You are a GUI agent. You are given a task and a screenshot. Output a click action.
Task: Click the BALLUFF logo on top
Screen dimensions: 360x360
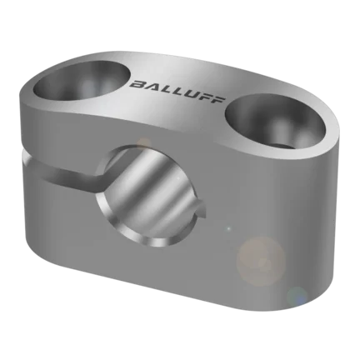coord(177,92)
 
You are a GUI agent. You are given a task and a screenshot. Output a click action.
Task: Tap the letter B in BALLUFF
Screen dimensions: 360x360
coord(138,84)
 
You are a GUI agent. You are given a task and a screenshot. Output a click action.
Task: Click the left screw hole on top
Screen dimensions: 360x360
coord(82,81)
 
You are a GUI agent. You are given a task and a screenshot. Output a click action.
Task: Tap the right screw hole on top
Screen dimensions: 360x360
coord(275,122)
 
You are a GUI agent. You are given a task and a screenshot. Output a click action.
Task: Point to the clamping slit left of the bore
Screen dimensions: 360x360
coord(64,173)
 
